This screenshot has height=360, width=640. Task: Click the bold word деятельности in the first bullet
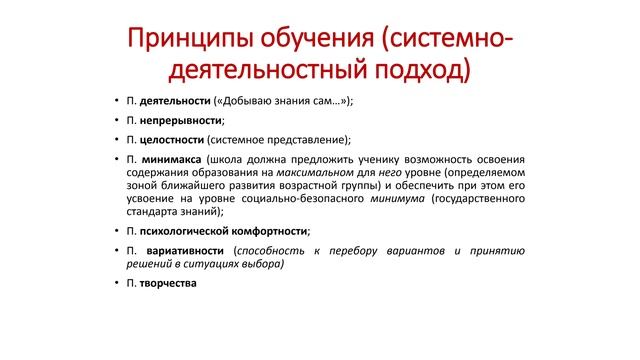click(174, 102)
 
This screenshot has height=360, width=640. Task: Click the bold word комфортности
click(272, 230)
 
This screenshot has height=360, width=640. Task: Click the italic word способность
click(270, 250)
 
